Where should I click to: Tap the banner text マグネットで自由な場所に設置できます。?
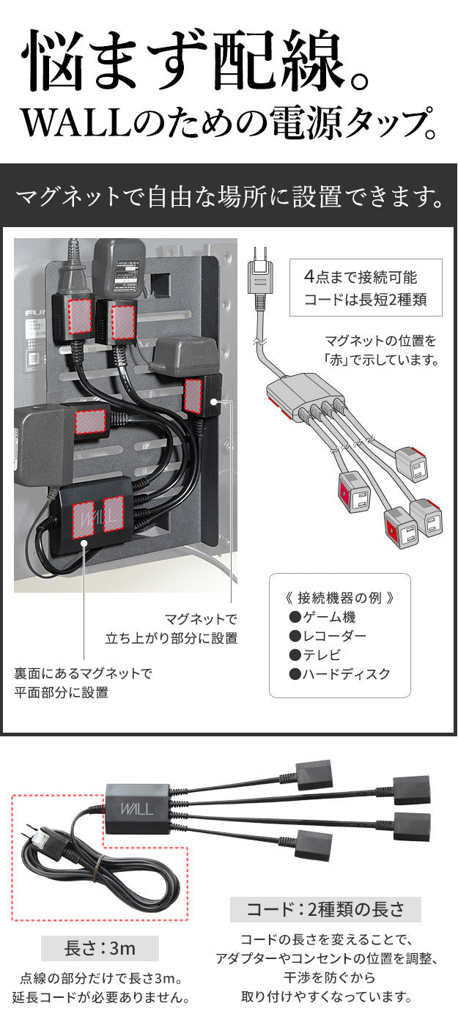(229, 196)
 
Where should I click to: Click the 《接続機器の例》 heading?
(339, 597)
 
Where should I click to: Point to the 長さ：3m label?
(100, 948)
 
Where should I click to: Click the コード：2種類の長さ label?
(325, 909)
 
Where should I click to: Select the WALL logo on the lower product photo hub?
(133, 809)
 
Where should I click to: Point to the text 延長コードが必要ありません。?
(101, 997)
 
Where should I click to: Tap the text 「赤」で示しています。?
(380, 360)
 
